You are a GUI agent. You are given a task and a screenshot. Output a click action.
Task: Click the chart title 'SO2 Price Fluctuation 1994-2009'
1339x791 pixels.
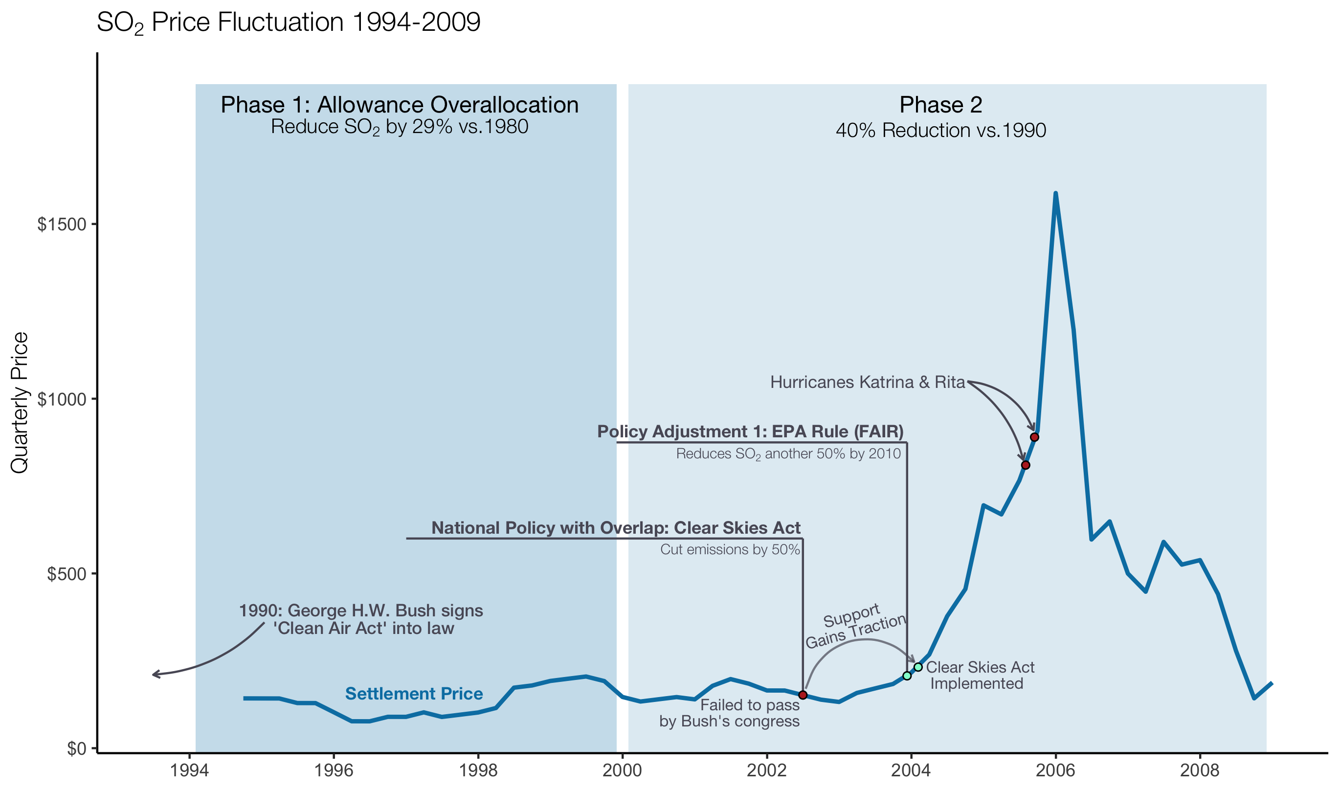288,23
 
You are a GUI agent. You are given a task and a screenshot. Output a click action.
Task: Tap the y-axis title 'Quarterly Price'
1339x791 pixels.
20,403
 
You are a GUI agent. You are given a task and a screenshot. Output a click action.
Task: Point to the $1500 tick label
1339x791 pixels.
62,225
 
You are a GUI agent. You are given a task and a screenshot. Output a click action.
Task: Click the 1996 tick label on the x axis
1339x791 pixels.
334,771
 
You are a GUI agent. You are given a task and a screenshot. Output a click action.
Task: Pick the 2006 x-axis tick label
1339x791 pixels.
1055,771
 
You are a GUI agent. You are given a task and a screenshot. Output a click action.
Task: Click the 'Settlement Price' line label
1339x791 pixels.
414,694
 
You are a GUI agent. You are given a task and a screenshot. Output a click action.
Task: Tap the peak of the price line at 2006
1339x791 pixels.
1055,194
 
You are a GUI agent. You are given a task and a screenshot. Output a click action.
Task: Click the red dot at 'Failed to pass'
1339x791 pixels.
803,695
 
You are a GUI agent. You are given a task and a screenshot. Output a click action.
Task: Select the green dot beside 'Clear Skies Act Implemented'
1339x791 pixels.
918,667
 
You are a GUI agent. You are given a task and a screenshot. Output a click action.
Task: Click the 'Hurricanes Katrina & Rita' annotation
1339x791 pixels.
868,382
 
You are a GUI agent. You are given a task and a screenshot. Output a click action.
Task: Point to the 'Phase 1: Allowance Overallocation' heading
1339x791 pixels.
400,105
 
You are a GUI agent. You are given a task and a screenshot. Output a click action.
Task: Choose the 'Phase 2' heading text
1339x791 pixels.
941,105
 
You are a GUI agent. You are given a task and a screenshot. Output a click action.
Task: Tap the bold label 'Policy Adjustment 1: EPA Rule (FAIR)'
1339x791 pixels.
750,431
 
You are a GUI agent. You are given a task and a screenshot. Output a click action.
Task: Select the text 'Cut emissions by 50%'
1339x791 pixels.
730,549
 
